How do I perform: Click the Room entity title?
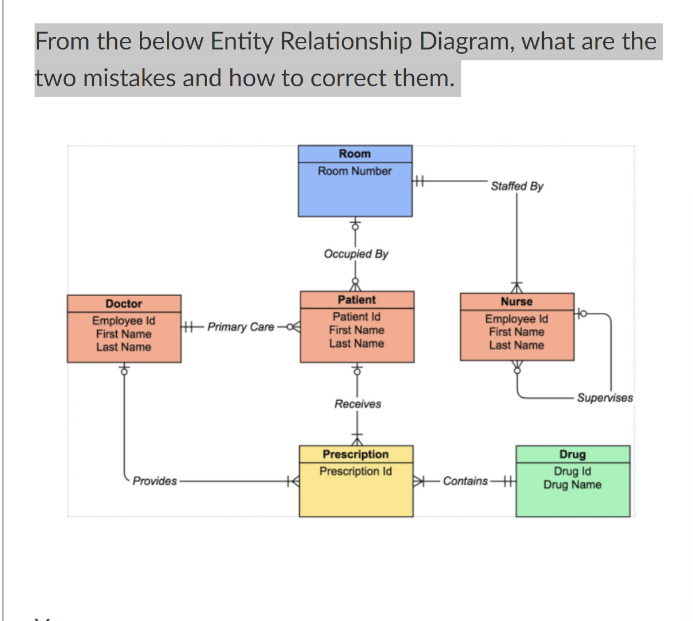pyautogui.click(x=355, y=154)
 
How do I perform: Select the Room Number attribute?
pyautogui.click(x=355, y=171)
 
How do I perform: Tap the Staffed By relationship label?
pyautogui.click(x=517, y=186)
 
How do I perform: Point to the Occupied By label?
pyautogui.click(x=356, y=254)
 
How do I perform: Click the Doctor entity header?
pyautogui.click(x=124, y=304)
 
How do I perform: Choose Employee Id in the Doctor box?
pyautogui.click(x=124, y=320)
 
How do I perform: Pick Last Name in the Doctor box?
pyautogui.click(x=124, y=347)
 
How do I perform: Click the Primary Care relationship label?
pyautogui.click(x=241, y=327)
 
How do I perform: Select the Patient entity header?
pyautogui.click(x=356, y=300)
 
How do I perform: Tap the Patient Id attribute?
pyautogui.click(x=356, y=316)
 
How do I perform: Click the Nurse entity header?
pyautogui.click(x=516, y=301)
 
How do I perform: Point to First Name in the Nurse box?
pyautogui.click(x=516, y=332)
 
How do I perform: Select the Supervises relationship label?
pyautogui.click(x=605, y=397)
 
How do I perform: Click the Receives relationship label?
pyautogui.click(x=357, y=404)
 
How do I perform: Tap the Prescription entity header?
pyautogui.click(x=356, y=454)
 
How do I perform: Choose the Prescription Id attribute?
pyautogui.click(x=356, y=471)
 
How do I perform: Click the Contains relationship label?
pyautogui.click(x=465, y=481)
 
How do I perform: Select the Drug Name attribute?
pyautogui.click(x=572, y=484)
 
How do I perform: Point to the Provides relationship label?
pyautogui.click(x=155, y=481)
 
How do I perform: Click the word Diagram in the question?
pyautogui.click(x=466, y=41)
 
